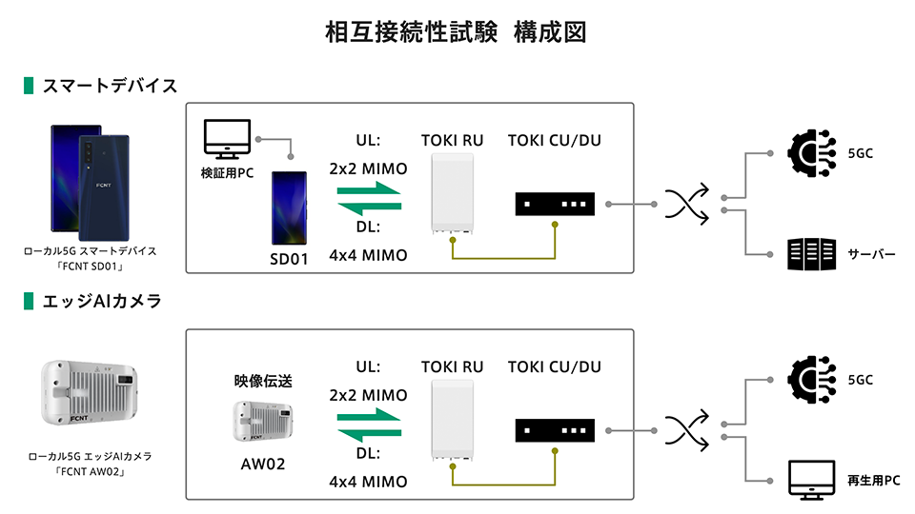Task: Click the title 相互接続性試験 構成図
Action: click(456, 33)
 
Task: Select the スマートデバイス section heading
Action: click(110, 86)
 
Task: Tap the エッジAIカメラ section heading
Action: click(101, 302)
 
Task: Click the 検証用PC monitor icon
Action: click(228, 139)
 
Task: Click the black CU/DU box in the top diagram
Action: click(555, 204)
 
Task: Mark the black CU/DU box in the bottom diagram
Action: click(555, 430)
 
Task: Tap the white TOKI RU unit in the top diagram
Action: click(453, 193)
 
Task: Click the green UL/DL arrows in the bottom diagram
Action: click(368, 430)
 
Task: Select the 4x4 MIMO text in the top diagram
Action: click(368, 255)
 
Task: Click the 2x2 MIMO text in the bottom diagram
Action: click(368, 395)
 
